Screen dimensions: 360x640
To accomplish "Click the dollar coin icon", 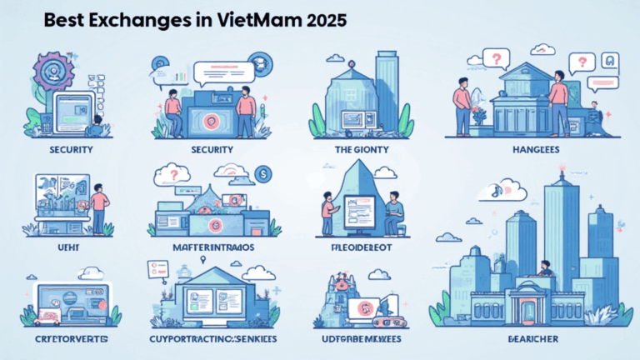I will click(x=262, y=174).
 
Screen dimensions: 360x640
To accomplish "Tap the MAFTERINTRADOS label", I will click(x=212, y=247).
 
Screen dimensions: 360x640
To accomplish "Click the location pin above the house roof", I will click(x=204, y=259).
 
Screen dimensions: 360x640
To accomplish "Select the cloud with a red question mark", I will click(x=173, y=175).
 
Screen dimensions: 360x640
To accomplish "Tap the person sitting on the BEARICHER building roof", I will click(x=546, y=268).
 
